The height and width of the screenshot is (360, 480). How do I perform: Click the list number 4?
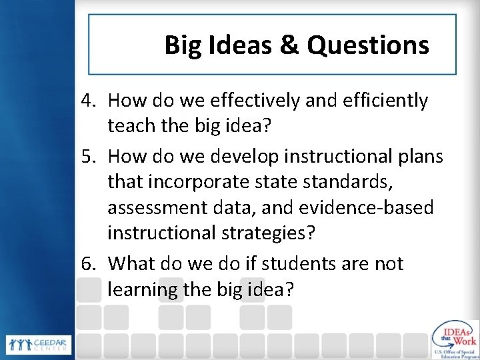(x=90, y=101)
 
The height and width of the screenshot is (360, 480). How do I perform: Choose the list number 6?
(x=90, y=264)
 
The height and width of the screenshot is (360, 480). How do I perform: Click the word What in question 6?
(x=129, y=264)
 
